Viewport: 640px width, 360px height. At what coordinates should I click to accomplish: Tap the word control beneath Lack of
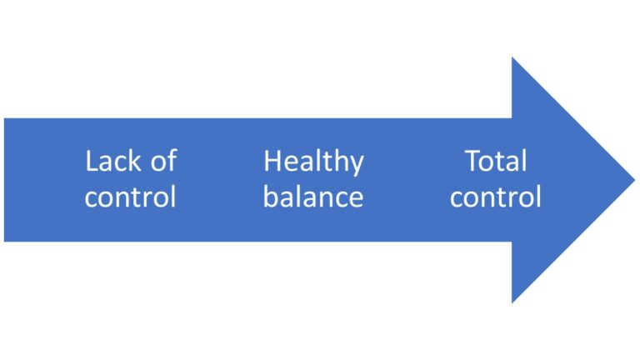click(130, 197)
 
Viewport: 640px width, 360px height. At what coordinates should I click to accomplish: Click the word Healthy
click(313, 162)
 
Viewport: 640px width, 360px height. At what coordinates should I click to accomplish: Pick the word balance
click(313, 197)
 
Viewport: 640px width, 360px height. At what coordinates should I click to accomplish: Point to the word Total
click(496, 161)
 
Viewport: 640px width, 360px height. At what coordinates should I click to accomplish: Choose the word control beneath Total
click(496, 197)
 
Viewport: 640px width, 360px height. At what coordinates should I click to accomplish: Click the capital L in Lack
click(90, 161)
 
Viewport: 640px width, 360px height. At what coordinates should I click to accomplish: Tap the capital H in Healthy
click(272, 161)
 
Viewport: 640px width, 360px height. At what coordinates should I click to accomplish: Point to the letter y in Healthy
click(357, 165)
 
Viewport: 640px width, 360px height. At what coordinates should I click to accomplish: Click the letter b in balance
click(270, 196)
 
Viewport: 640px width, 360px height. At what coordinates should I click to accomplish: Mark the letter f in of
click(170, 160)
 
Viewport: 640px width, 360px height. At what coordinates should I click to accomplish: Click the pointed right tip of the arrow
click(634, 179)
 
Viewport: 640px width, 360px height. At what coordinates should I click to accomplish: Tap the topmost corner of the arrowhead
click(512, 57)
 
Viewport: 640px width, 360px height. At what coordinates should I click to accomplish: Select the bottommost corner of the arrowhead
click(512, 302)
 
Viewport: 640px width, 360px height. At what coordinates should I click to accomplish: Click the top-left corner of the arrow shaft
click(4, 118)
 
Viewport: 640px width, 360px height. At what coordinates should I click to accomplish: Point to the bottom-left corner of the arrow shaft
click(4, 242)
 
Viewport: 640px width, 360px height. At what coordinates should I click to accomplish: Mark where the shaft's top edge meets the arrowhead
click(512, 118)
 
